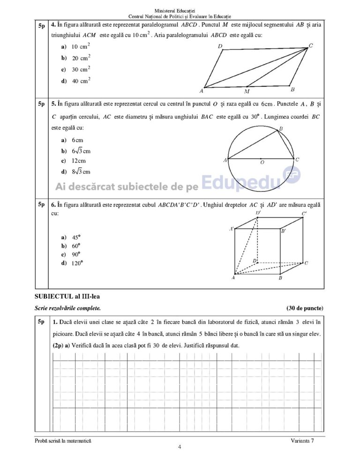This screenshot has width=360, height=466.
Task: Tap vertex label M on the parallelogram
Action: click(247, 91)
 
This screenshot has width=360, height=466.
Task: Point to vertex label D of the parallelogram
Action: click(220, 46)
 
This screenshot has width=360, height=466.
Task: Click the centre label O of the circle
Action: click(262, 162)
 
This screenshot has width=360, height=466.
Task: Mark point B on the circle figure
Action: click(281, 128)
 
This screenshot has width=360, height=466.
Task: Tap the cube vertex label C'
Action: click(304, 214)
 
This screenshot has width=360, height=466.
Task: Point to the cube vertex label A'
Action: click(232, 229)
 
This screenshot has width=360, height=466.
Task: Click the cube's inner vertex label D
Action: click(254, 260)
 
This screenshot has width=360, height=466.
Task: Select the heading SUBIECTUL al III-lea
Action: click(67, 296)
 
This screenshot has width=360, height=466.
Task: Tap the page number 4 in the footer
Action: click(180, 447)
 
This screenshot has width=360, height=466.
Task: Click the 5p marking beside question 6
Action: click(41, 204)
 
